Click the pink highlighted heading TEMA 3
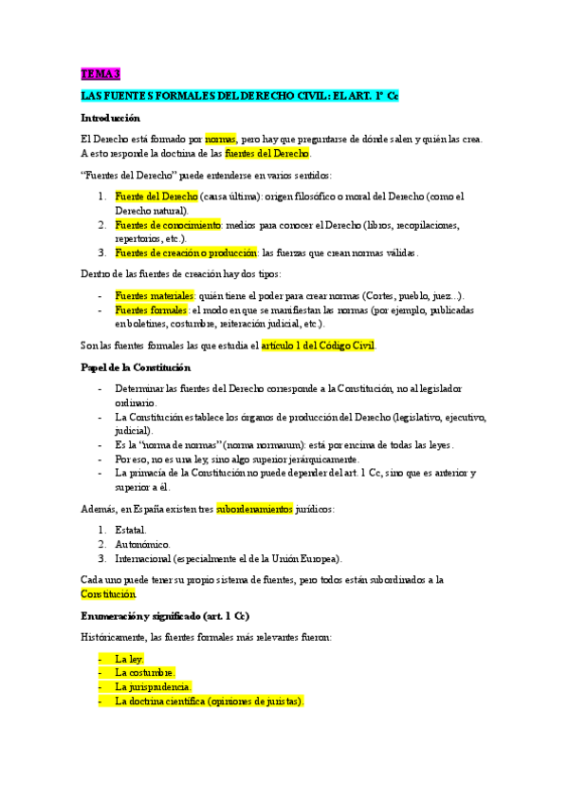pyautogui.click(x=101, y=74)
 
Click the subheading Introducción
pyautogui.click(x=110, y=118)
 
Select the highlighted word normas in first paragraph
pyautogui.click(x=220, y=139)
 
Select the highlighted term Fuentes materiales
pyautogui.click(x=155, y=296)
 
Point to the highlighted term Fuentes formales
pyautogui.click(x=152, y=310)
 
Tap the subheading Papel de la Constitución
pyautogui.click(x=136, y=367)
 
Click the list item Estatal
pyautogui.click(x=131, y=530)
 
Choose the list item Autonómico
pyautogui.click(x=142, y=544)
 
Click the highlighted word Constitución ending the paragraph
pyautogui.click(x=108, y=594)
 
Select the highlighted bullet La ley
pyautogui.click(x=129, y=658)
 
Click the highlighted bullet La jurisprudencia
pyautogui.click(x=153, y=686)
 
